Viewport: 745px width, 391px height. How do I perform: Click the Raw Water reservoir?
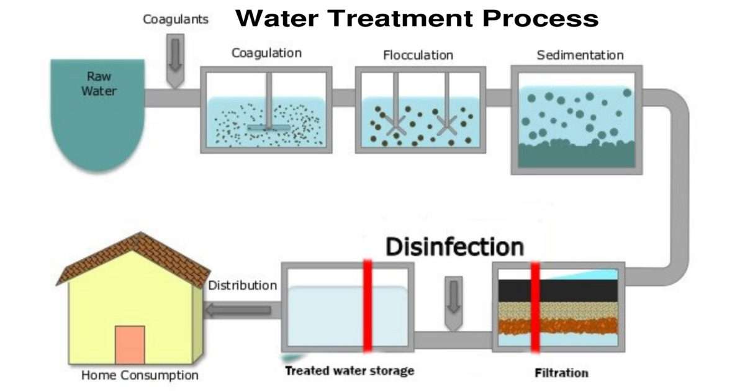click(x=97, y=115)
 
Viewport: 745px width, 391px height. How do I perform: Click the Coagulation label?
click(x=266, y=53)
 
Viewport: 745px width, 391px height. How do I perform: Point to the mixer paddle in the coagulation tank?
click(x=269, y=127)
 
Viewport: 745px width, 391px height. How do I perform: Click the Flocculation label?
click(x=418, y=55)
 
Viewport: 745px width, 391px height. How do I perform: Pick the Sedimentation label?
click(x=580, y=55)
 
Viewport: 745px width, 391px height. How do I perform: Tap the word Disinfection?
click(x=455, y=246)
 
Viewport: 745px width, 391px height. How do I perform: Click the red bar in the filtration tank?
click(x=535, y=307)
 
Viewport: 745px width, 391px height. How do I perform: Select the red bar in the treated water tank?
click(x=368, y=307)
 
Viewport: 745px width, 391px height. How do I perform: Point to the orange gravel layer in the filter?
click(x=559, y=326)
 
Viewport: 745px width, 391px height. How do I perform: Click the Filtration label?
click(x=561, y=374)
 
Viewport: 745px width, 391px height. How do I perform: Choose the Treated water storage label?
click(x=349, y=371)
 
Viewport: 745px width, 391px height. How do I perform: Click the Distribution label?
click(x=242, y=286)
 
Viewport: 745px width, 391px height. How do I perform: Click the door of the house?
click(x=130, y=344)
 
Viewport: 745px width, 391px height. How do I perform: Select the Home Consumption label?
click(x=140, y=375)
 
